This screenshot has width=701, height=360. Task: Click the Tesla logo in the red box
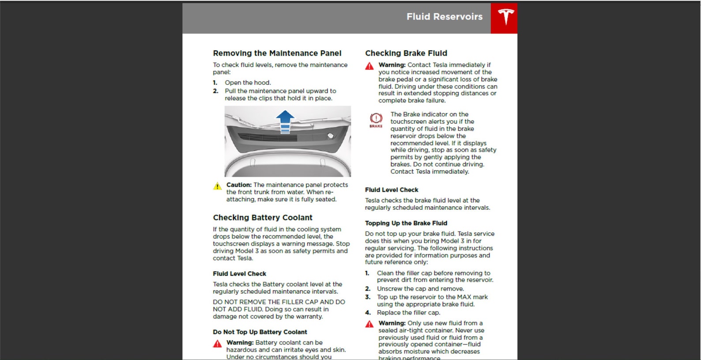505,17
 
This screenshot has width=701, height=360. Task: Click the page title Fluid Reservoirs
444,17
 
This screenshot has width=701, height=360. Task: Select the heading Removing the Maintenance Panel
277,53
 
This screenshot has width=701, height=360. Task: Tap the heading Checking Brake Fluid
406,53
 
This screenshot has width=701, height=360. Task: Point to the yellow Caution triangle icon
218,186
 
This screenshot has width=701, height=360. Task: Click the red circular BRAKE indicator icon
376,118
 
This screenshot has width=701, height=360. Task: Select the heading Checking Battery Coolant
262,217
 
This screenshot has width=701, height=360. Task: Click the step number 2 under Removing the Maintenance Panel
215,91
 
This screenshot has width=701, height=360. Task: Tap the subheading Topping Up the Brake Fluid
406,223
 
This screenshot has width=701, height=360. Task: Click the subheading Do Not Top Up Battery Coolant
260,332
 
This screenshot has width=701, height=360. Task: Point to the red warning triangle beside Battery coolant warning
218,344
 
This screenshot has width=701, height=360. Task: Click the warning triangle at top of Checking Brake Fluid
369,66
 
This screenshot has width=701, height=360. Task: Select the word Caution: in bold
239,185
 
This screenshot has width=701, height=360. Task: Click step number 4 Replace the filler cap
368,312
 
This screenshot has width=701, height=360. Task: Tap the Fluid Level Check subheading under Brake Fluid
391,189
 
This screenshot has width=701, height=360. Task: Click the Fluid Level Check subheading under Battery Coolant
239,273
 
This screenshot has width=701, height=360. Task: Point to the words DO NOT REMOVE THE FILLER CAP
265,302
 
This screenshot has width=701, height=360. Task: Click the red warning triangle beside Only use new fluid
369,324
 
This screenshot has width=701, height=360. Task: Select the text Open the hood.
248,83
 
